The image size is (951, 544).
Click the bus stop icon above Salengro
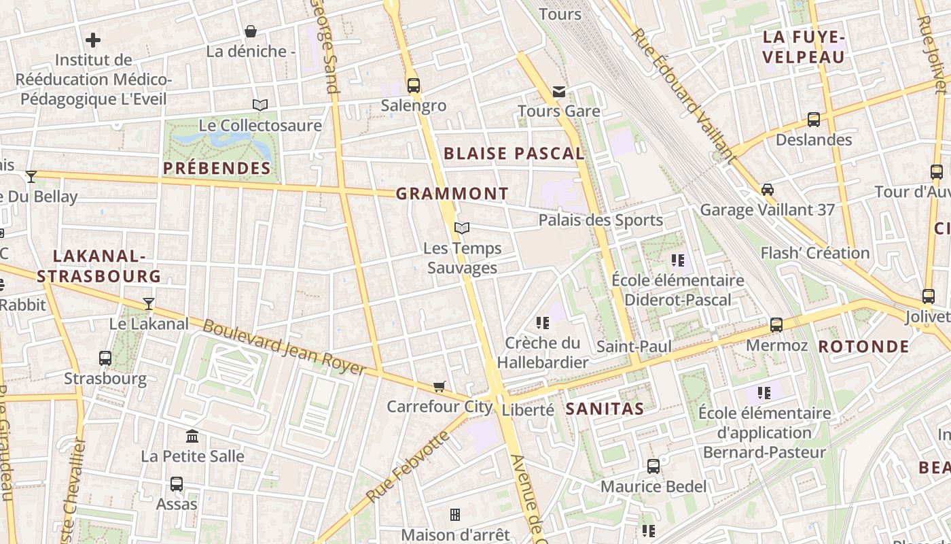click(x=413, y=86)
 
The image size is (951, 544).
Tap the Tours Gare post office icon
click(x=558, y=92)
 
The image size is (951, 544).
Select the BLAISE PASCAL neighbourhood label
click(x=514, y=154)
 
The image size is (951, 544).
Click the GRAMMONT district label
click(x=452, y=194)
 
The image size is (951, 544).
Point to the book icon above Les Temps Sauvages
click(x=462, y=228)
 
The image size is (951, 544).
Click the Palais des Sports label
click(x=600, y=220)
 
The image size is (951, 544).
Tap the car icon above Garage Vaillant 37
click(x=767, y=190)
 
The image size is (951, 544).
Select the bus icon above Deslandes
click(x=813, y=120)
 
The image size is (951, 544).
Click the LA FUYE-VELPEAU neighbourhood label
click(x=803, y=47)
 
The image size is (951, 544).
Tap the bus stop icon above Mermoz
click(x=776, y=325)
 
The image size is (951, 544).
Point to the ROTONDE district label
click(x=863, y=347)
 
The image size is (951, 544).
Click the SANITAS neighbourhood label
click(x=605, y=409)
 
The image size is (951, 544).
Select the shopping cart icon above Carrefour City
click(x=439, y=386)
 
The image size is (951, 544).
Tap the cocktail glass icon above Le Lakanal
click(x=149, y=303)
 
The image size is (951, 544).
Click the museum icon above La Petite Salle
click(x=192, y=435)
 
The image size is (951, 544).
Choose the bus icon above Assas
click(x=177, y=484)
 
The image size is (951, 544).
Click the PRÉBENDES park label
click(x=217, y=168)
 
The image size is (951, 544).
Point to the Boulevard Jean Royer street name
click(x=285, y=347)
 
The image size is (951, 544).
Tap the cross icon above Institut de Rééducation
click(x=93, y=40)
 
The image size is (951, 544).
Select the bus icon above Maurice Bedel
click(x=653, y=466)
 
